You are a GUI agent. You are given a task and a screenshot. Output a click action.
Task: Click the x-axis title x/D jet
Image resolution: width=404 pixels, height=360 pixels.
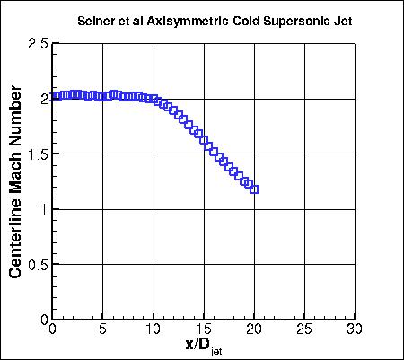pyautogui.click(x=203, y=345)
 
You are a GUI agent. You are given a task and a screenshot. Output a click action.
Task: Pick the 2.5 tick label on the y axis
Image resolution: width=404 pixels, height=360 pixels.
pyautogui.click(x=38, y=43)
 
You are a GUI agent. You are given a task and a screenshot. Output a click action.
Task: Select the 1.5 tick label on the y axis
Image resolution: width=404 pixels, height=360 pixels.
pyautogui.click(x=38, y=154)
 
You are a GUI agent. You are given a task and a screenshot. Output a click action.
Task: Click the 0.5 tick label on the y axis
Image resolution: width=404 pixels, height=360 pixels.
pyautogui.click(x=38, y=265)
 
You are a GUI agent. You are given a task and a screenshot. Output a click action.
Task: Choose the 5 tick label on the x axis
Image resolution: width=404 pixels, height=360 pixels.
pyautogui.click(x=103, y=329)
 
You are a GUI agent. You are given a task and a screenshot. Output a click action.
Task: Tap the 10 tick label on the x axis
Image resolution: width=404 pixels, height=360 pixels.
pyautogui.click(x=154, y=329)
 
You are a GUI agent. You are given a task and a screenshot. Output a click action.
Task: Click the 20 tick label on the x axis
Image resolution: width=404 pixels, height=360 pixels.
pyautogui.click(x=255, y=329)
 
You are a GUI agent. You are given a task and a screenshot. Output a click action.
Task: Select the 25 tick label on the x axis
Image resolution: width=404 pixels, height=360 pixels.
pyautogui.click(x=305, y=329)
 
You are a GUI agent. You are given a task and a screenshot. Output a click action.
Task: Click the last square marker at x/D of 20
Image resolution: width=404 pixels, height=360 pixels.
pyautogui.click(x=255, y=189)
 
